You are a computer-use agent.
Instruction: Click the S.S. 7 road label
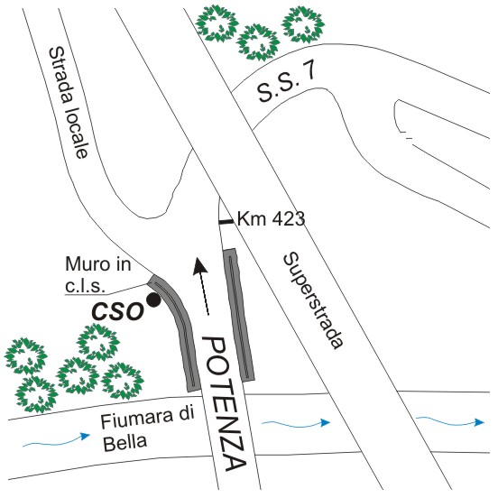point(287,83)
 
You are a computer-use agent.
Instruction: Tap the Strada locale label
point(69,102)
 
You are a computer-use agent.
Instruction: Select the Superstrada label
point(313,300)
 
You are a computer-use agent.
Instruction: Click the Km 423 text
point(272,219)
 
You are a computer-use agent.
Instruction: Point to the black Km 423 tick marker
point(226,222)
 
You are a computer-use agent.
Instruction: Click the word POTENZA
point(226,403)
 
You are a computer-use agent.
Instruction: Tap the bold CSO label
point(117,311)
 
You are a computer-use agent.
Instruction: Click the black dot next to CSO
point(153,300)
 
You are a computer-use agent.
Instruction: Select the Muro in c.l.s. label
point(97,275)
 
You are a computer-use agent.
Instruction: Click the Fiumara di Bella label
point(147,429)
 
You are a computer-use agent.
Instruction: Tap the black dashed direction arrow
point(201,286)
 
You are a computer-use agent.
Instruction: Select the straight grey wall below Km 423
point(238,315)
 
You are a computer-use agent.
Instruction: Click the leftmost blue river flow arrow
point(57,440)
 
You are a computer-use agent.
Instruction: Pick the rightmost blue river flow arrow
point(450,421)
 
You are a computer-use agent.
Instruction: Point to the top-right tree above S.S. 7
point(304,24)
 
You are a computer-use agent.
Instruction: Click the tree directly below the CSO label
point(98,343)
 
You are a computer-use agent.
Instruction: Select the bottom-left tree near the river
point(36,394)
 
